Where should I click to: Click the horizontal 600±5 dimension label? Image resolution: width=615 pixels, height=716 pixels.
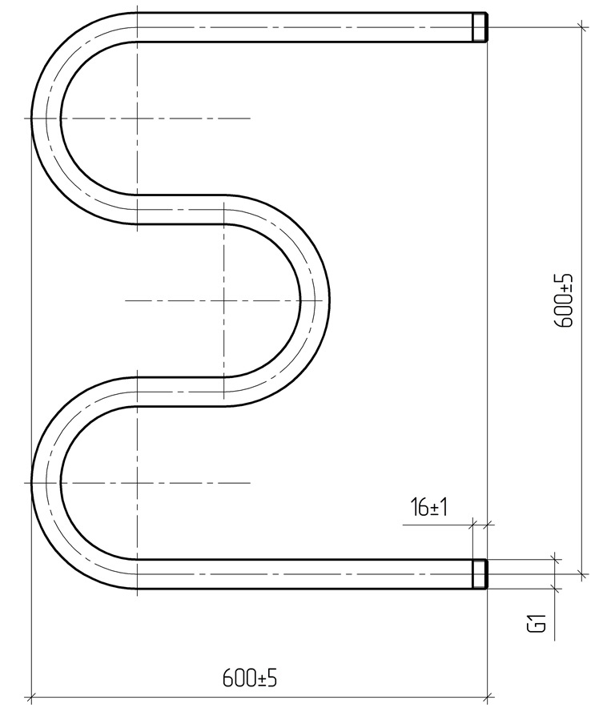coord(249,678)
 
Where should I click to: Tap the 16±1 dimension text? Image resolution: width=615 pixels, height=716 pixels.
coord(428,507)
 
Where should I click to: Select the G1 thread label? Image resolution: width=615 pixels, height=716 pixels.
coord(537,623)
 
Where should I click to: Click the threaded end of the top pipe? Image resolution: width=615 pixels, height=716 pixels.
coord(480,27)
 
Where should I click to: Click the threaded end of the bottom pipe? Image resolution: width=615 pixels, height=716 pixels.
coord(480,574)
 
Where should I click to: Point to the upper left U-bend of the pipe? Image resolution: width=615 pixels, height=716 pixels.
coord(46,119)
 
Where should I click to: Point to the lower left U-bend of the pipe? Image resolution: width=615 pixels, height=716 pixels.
coord(46,483)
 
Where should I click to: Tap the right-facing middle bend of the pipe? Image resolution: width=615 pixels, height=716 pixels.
coord(315,300)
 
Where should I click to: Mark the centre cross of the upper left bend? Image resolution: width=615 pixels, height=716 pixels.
coord(137,119)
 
